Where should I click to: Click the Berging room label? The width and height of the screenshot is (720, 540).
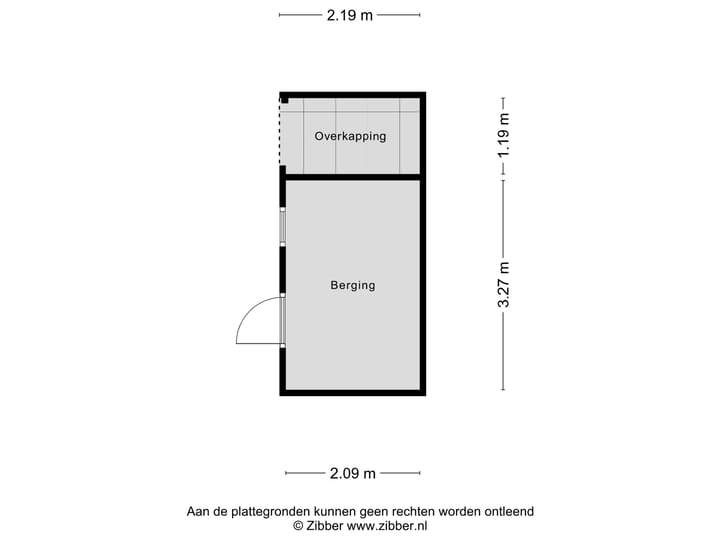point(353,285)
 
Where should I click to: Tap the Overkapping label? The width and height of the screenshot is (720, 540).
point(350,136)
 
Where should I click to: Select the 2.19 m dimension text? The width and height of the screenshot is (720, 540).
point(349,15)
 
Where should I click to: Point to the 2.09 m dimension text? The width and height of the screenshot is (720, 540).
point(352,473)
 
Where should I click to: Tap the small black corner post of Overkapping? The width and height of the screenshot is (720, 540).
point(285,99)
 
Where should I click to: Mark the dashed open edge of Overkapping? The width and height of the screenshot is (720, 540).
point(280,135)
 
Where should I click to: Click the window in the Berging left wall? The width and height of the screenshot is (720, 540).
point(283,227)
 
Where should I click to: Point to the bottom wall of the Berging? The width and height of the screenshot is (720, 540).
point(353,393)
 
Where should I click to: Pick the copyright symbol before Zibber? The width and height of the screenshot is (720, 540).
point(297,525)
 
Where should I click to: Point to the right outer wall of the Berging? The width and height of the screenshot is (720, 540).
point(423,285)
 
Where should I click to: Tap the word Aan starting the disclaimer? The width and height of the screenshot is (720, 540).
point(199,511)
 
